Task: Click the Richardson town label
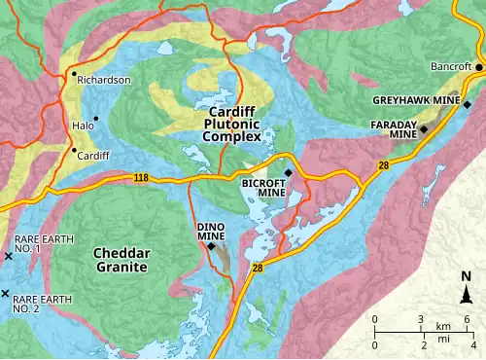[x=104, y=80]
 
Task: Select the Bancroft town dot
[x=478, y=66]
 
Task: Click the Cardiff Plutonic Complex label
[x=231, y=126]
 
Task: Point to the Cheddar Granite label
[x=120, y=260]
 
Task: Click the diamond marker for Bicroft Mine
[x=288, y=173]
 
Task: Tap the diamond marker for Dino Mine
[x=211, y=245]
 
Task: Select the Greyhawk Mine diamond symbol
[x=467, y=104]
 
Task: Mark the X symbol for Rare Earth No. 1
[x=9, y=256]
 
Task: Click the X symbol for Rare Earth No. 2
[x=6, y=294]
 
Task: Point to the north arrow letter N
[x=467, y=275]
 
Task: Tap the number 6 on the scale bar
[x=468, y=320]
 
